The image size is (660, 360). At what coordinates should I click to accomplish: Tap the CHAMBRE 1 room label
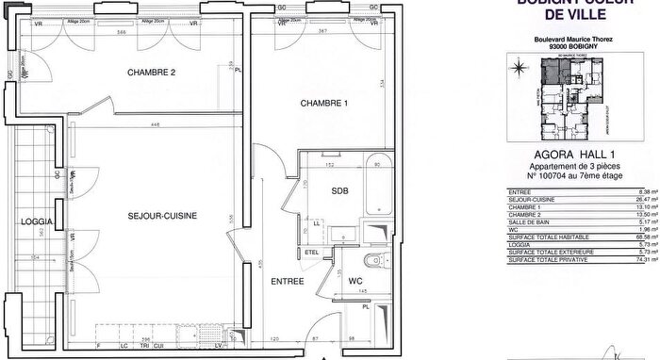[x=324, y=103]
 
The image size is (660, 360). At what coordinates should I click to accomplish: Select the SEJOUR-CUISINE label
[x=163, y=217]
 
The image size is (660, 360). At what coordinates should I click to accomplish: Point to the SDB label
[x=339, y=190]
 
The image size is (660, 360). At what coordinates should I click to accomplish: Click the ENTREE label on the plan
[x=286, y=282]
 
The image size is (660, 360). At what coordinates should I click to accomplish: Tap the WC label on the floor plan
[x=356, y=281]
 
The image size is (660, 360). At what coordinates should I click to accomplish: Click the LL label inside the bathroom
[x=317, y=222]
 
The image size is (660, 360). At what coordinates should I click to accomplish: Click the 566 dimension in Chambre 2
[x=148, y=32]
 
